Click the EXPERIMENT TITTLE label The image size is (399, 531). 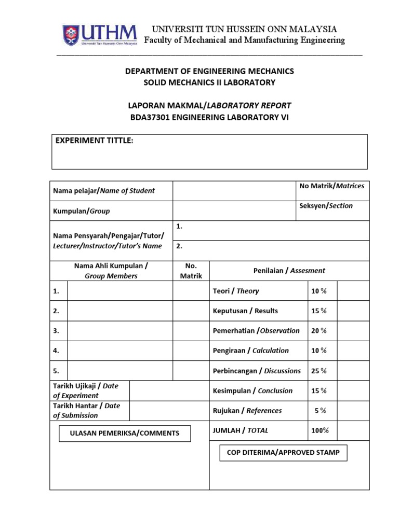(x=94, y=142)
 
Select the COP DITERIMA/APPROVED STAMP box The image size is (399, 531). (x=283, y=453)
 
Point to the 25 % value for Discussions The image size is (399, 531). (x=318, y=371)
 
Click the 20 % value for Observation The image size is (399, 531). (x=318, y=330)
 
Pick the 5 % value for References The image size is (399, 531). (x=320, y=411)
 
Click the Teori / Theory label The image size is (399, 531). (x=236, y=291)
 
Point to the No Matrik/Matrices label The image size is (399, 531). (x=331, y=186)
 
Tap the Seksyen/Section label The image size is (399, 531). (x=326, y=206)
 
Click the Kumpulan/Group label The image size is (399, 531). (x=82, y=211)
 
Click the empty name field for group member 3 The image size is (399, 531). (x=120, y=330)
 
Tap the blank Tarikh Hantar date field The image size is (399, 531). (x=151, y=410)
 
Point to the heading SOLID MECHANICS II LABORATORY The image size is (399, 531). (x=209, y=82)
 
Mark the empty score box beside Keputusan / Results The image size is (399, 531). (x=353, y=311)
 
